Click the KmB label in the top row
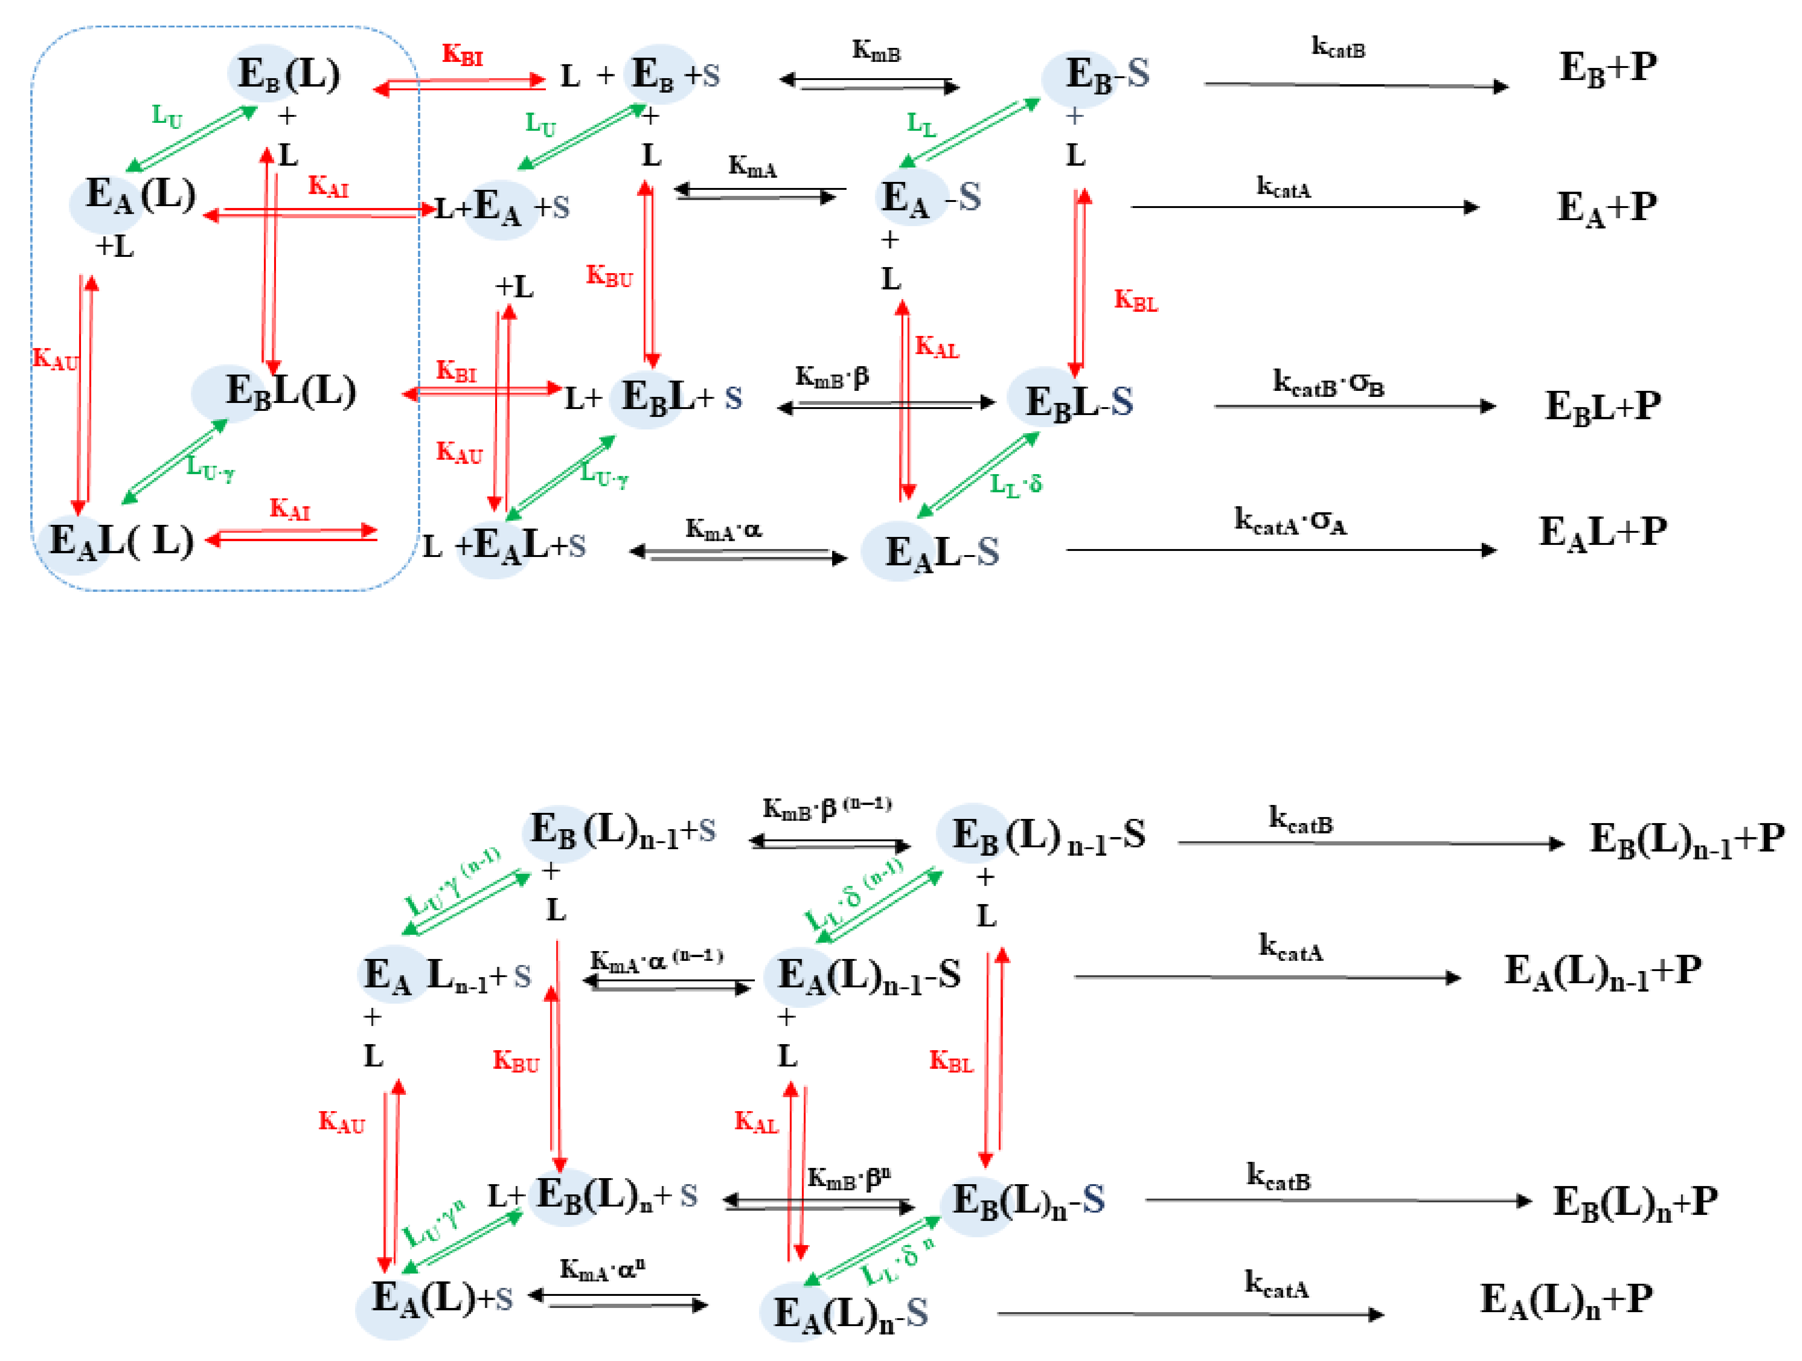point(876,51)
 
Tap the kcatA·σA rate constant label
point(1290,521)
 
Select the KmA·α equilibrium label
point(723,530)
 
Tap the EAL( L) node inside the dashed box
point(121,541)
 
